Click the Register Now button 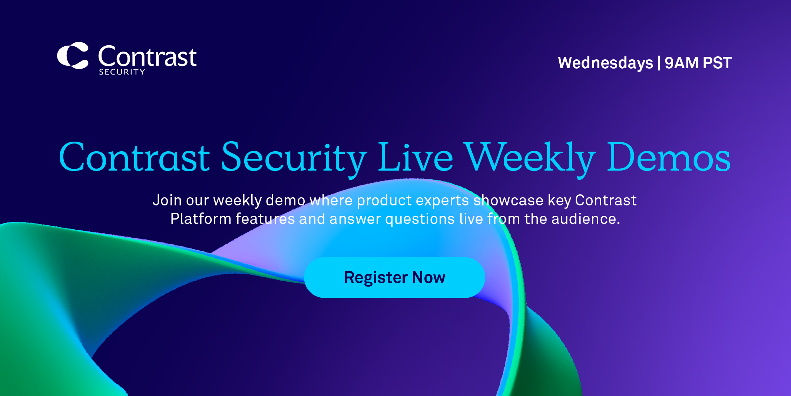click(x=394, y=277)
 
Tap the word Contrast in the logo click(x=147, y=56)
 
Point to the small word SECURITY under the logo click(x=122, y=72)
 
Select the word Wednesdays click(x=605, y=63)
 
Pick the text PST click(x=717, y=63)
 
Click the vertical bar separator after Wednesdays click(x=659, y=63)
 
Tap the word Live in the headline click(x=415, y=157)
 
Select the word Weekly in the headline click(x=530, y=159)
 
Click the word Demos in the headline click(x=669, y=157)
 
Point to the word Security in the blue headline click(x=294, y=159)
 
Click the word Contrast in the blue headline click(x=134, y=157)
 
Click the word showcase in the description click(x=509, y=200)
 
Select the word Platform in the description click(x=201, y=219)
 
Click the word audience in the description click(x=586, y=219)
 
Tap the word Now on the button click(x=428, y=277)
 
